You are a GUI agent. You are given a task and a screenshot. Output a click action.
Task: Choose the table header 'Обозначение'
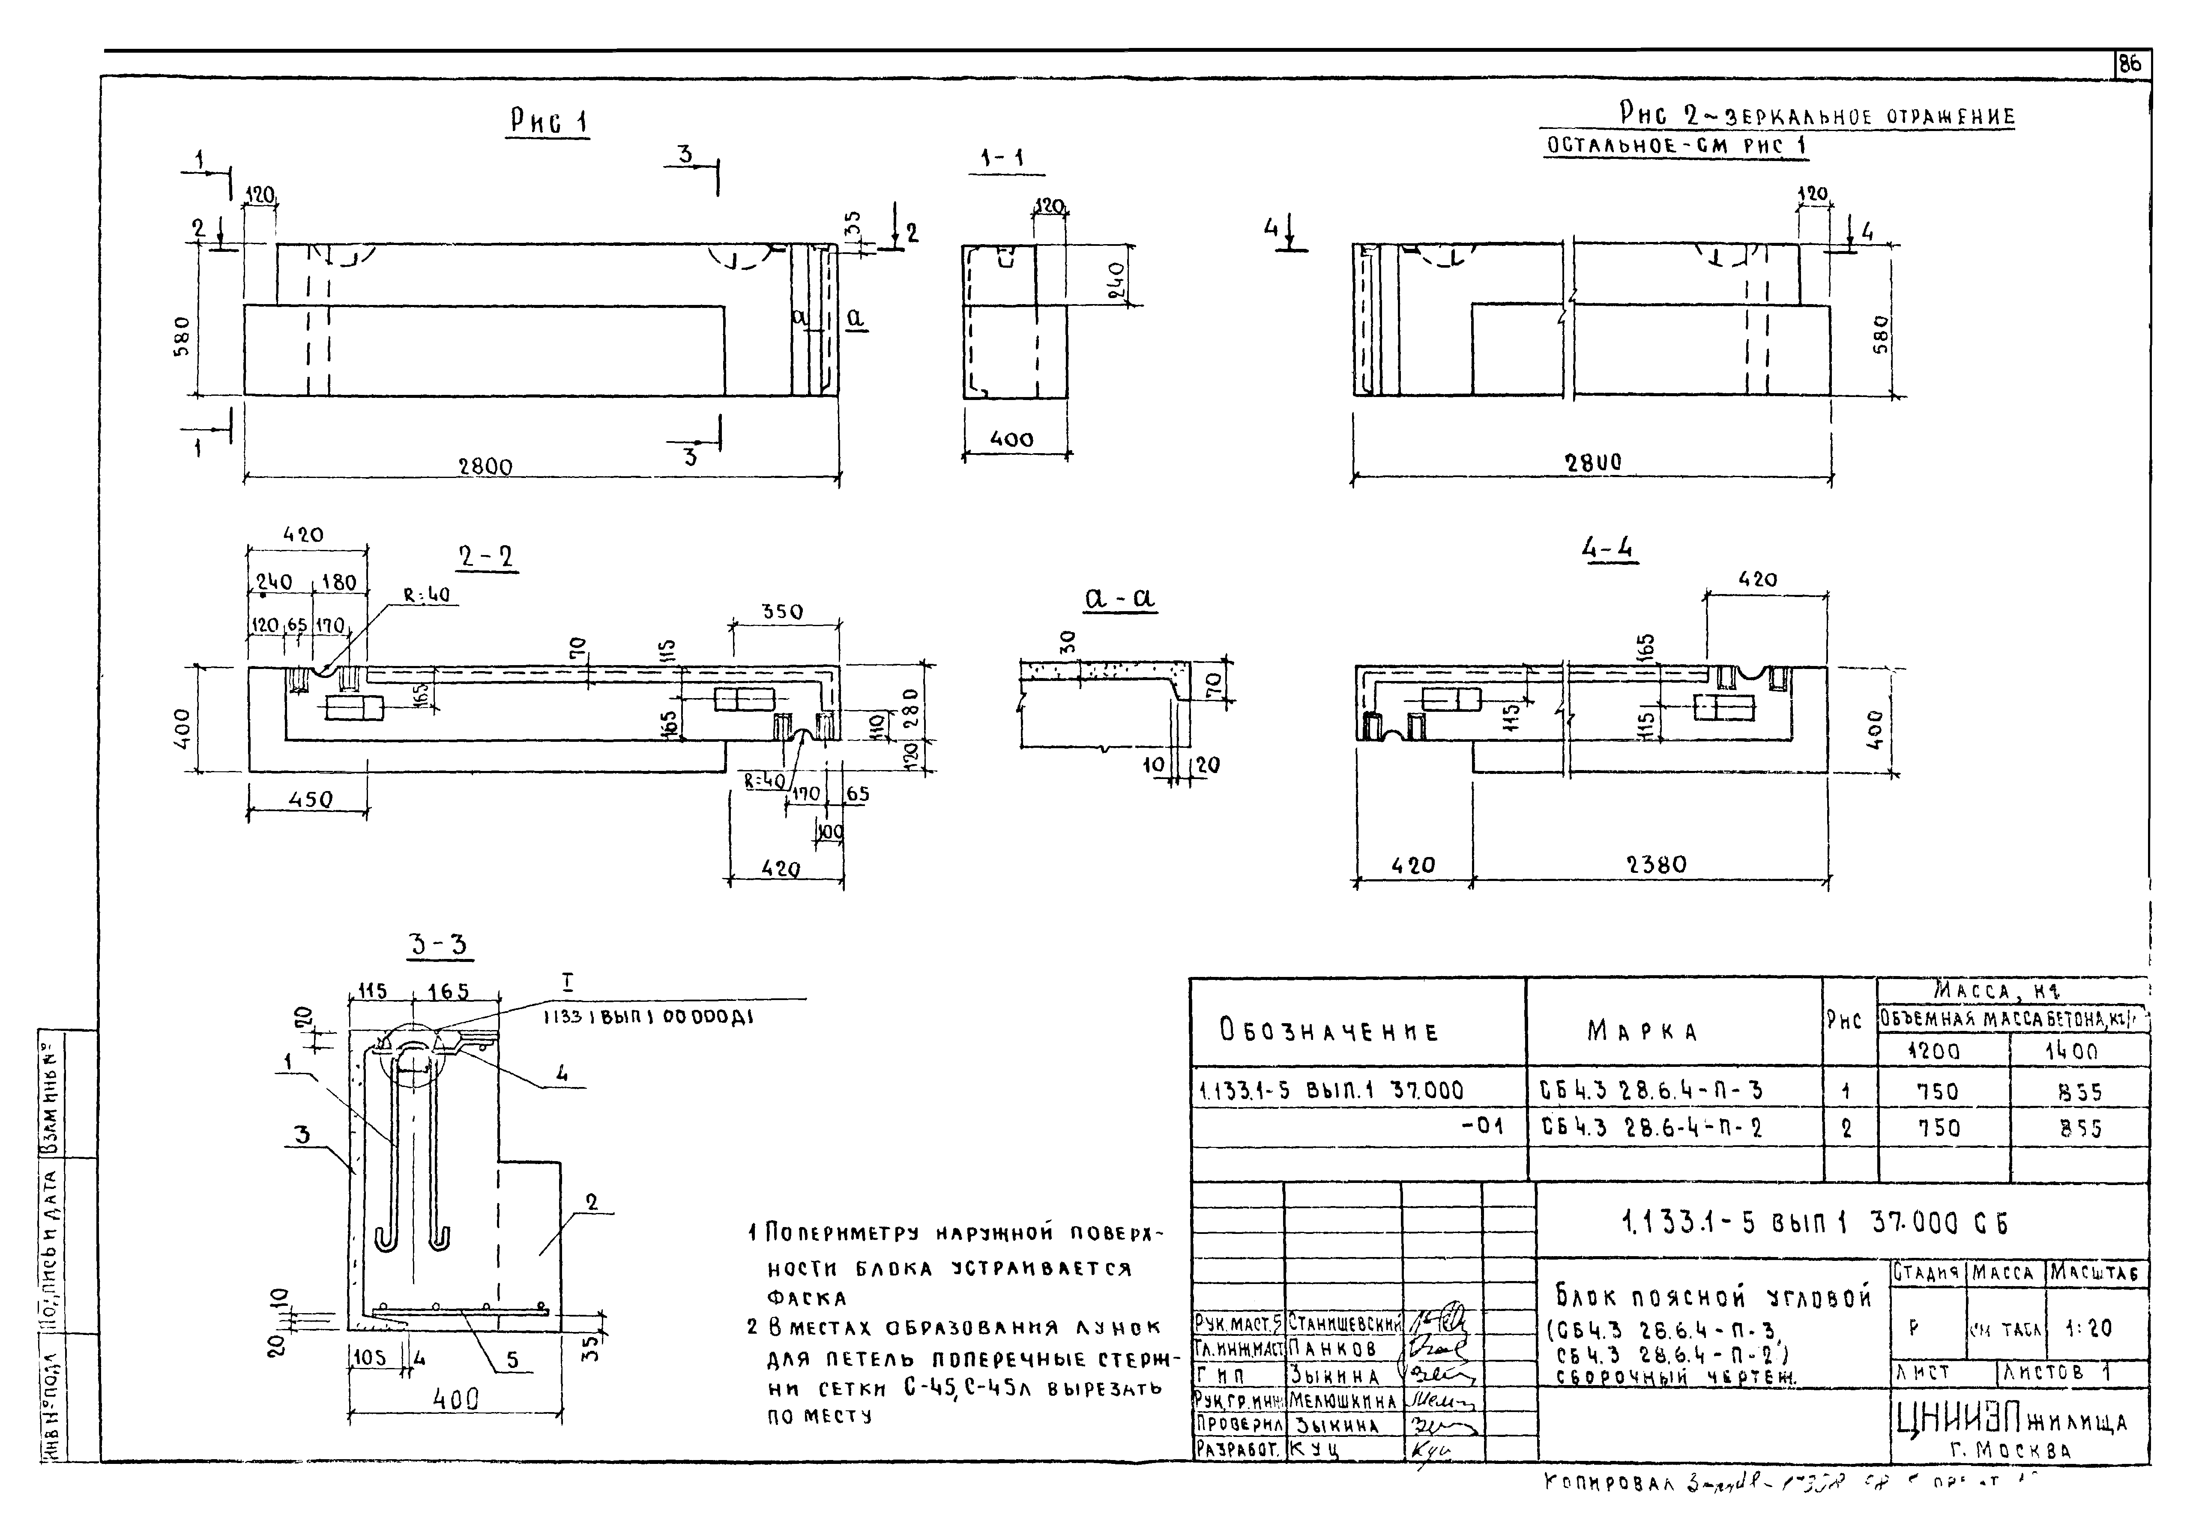pyautogui.click(x=1329, y=1031)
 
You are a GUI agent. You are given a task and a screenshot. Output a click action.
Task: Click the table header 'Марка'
pyautogui.click(x=1642, y=1031)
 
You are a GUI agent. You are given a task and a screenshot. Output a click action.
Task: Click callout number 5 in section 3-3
pyautogui.click(x=512, y=1360)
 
